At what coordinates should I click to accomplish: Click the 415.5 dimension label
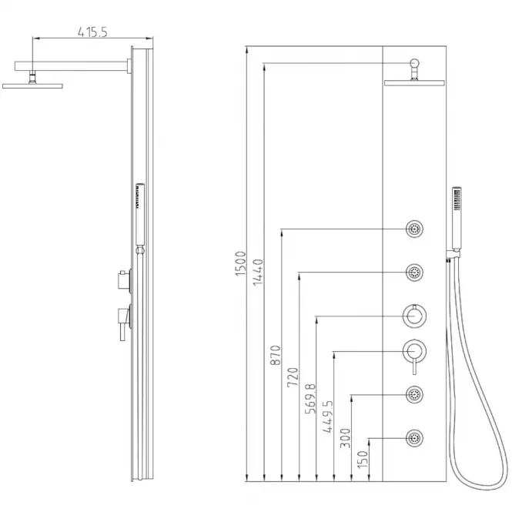92,32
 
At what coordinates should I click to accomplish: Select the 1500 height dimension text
240,263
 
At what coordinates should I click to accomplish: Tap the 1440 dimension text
258,272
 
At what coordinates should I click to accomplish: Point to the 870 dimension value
276,355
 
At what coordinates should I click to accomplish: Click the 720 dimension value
293,377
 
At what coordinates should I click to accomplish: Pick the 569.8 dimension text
310,399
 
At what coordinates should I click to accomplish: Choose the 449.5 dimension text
328,417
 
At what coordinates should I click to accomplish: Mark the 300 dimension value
346,438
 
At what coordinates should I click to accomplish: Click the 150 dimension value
363,459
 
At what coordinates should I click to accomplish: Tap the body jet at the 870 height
414,229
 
